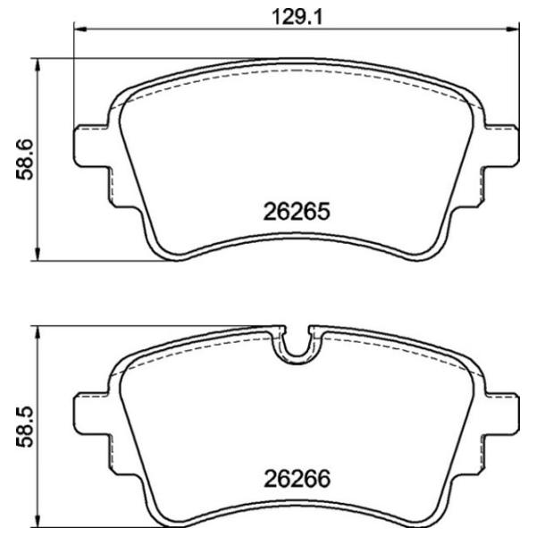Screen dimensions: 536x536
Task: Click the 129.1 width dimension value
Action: click(297, 17)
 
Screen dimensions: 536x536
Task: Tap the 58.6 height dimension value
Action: click(25, 160)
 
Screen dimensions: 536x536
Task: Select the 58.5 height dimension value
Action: click(25, 427)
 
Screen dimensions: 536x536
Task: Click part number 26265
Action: click(297, 212)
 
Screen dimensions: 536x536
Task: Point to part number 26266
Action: click(297, 479)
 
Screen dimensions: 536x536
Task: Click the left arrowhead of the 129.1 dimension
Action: click(80, 29)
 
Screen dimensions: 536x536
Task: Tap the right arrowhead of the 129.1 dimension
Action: click(514, 29)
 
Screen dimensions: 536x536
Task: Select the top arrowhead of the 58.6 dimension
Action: click(38, 63)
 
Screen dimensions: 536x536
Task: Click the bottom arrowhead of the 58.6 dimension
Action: click(38, 255)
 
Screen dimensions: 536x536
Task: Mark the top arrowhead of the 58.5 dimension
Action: click(38, 331)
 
